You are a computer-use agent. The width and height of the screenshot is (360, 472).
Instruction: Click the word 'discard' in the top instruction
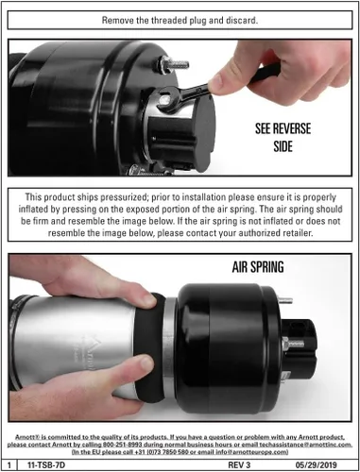241,21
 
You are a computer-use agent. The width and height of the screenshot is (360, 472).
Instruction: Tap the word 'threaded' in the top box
169,21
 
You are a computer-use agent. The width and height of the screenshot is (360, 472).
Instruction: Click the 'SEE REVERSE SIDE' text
283,138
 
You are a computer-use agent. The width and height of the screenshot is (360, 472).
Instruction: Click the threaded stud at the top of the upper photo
174,65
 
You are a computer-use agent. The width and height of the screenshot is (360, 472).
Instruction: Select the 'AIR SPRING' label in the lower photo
258,267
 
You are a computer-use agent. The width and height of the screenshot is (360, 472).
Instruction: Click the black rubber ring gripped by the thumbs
149,346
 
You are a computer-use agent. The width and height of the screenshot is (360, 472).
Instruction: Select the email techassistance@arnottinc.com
305,445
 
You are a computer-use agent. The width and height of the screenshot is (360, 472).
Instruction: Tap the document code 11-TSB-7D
46,464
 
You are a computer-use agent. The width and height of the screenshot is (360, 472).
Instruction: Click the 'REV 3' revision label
239,464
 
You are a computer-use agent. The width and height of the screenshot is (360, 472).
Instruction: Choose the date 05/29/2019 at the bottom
316,464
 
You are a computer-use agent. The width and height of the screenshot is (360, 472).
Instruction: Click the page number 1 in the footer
9,465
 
